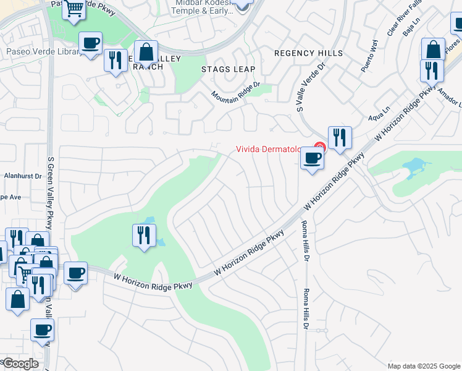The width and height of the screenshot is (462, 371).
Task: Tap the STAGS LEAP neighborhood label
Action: tap(228, 69)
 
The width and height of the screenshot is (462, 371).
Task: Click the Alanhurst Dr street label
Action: tap(20, 176)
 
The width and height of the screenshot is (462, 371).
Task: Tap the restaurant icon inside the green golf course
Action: tap(144, 235)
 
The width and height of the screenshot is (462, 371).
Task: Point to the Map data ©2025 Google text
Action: tap(423, 366)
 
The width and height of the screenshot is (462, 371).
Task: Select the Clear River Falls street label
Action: tap(395, 24)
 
